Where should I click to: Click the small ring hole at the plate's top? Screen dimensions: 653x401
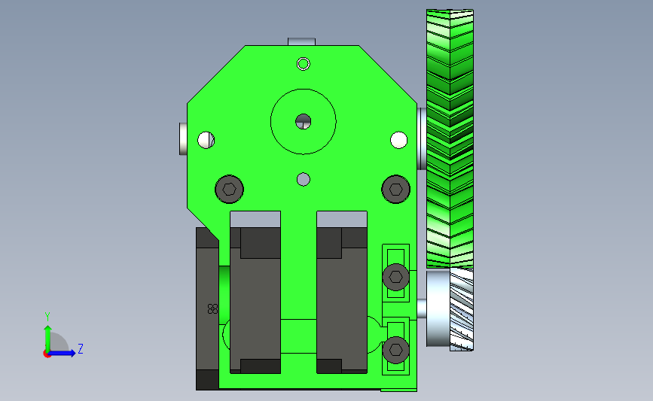304,64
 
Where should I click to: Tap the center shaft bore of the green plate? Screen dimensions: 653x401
304,122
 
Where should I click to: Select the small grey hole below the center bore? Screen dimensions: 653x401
304,180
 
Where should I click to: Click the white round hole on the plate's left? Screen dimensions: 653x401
206,140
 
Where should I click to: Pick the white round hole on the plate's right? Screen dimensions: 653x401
398,140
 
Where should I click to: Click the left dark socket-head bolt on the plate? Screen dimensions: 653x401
229,190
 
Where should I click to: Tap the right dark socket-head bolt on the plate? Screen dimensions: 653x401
395,190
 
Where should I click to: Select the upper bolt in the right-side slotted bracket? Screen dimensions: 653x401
395,277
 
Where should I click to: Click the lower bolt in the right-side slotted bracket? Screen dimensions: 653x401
395,350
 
